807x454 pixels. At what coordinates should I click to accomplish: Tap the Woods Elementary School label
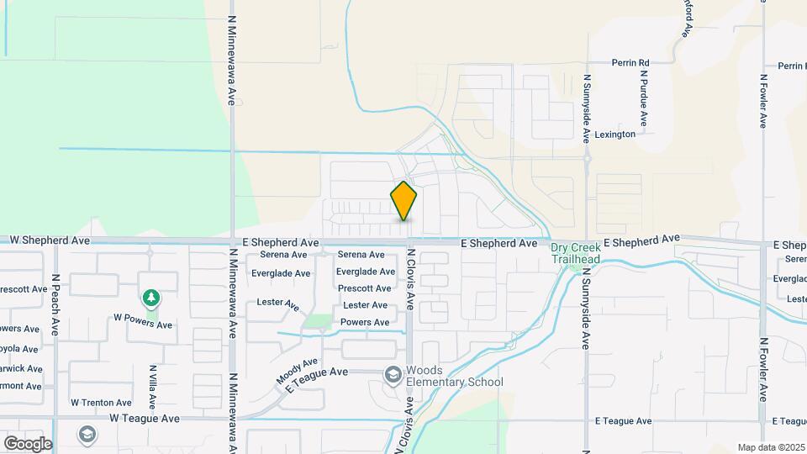[x=454, y=376]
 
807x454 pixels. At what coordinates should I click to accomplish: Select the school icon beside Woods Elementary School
[x=393, y=374]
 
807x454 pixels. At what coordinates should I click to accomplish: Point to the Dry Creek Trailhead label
[x=575, y=253]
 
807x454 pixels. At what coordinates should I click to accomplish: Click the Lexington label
[x=614, y=135]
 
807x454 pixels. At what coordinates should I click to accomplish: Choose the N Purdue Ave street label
[x=643, y=99]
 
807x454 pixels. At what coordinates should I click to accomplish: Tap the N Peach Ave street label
[x=55, y=304]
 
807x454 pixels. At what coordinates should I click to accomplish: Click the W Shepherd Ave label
[x=50, y=240]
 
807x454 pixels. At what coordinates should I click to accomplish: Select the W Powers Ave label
[x=143, y=325]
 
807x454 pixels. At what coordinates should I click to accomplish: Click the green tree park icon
[x=150, y=298]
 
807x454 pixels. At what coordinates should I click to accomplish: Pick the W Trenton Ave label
[x=101, y=403]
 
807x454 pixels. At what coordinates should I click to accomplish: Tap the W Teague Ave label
[x=145, y=418]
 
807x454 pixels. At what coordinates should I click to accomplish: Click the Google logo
[x=28, y=443]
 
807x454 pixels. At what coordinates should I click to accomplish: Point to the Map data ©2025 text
[x=770, y=447]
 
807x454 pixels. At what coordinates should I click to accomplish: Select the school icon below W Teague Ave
[x=86, y=435]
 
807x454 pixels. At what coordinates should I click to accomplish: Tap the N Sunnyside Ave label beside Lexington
[x=587, y=107]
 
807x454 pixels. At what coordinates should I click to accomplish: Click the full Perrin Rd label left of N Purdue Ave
[x=630, y=63]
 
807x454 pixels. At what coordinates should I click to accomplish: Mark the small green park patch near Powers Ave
[x=317, y=320]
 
